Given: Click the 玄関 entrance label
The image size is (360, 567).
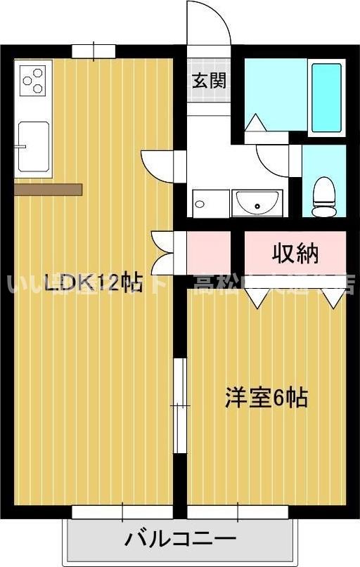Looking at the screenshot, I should point(210,80).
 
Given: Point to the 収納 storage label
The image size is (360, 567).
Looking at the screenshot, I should point(295,254).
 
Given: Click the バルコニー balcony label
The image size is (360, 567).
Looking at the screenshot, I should point(180,540).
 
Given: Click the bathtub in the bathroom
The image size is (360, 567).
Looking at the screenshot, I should point(326,98).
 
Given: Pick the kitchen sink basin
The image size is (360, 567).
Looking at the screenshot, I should point(32,146).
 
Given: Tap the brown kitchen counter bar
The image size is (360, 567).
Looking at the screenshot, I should point(48,189).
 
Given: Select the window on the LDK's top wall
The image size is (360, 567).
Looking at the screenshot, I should point(94,51).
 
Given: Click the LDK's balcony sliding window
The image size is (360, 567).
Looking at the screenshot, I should point(122,512).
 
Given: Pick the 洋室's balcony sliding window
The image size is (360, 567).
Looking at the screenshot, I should point(238,512).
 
